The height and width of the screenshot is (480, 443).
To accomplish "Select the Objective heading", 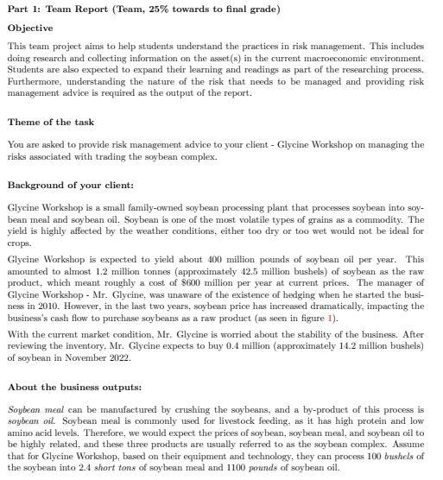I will (31, 28).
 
